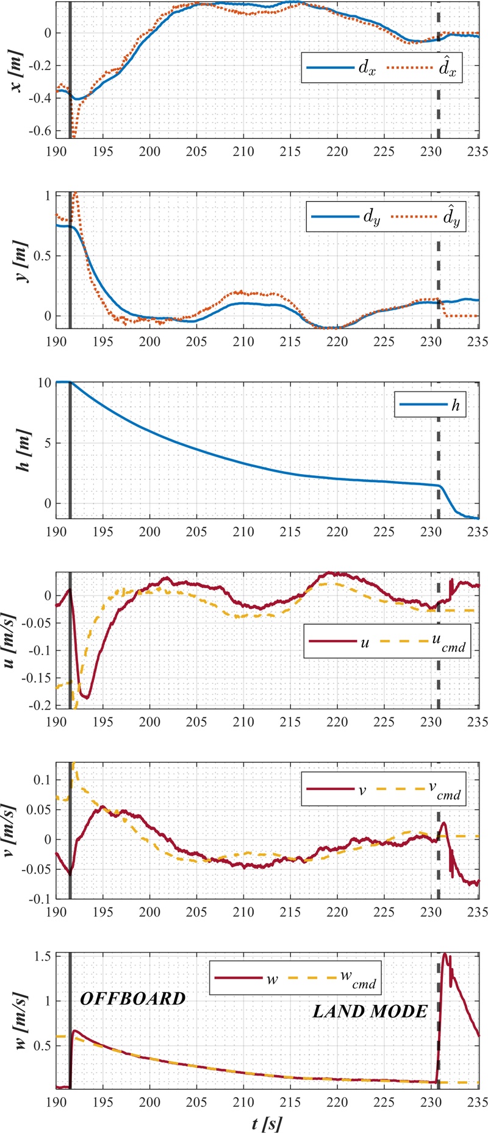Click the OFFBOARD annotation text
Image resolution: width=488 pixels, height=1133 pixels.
tap(133, 998)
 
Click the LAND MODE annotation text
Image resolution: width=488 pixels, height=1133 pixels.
tap(370, 1012)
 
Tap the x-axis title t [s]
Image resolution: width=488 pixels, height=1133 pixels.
tap(267, 1123)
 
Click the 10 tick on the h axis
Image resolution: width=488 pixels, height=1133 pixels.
tap(44, 383)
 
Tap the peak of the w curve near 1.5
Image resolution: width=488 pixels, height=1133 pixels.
tap(445, 954)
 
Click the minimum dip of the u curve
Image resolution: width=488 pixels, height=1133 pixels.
tap(87, 697)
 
